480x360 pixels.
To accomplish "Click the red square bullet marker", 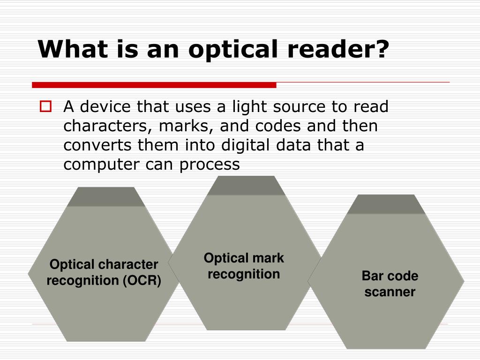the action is click(x=45, y=107).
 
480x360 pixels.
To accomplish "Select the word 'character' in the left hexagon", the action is click(x=129, y=265).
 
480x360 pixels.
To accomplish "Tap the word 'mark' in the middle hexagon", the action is click(x=268, y=258).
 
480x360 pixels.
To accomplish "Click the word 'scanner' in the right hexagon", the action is click(x=390, y=292).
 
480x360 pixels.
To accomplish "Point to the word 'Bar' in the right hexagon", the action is click(x=370, y=276).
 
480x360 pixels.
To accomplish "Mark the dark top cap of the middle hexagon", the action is click(x=246, y=186).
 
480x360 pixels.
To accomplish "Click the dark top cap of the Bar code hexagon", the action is click(x=386, y=204).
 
